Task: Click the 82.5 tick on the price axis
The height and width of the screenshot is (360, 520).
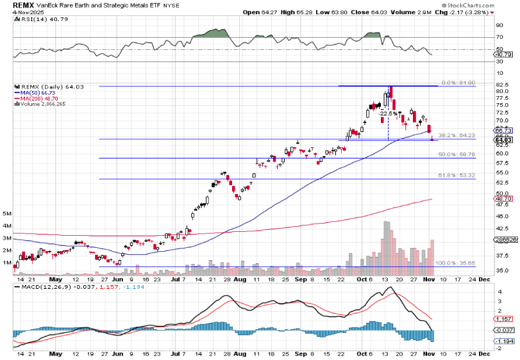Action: coord(502,84)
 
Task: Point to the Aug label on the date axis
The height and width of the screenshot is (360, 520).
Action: coord(240,280)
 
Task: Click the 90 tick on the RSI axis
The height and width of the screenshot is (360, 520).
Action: coord(498,25)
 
